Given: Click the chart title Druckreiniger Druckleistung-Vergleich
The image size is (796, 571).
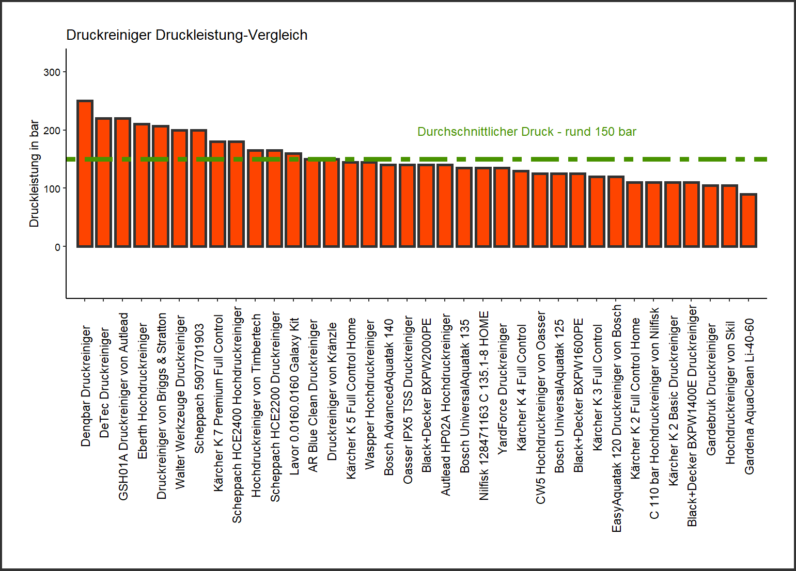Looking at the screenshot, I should (186, 35).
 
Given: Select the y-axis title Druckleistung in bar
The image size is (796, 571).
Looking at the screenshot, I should (34, 173).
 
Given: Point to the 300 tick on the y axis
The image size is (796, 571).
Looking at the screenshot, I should (52, 72).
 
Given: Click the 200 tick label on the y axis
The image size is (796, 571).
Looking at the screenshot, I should (52, 131).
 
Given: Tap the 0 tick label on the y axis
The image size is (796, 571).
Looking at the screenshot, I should (57, 247).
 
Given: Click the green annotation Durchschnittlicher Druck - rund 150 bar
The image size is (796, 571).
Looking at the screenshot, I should (526, 132).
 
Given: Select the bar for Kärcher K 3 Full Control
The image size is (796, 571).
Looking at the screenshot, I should (597, 212).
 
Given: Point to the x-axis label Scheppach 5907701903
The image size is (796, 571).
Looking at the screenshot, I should (199, 389).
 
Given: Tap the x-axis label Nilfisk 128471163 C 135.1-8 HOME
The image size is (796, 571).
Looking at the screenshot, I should (483, 405).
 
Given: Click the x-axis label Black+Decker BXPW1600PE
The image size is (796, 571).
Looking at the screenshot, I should (579, 395).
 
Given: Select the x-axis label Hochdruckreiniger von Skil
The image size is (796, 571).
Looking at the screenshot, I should (730, 392).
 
